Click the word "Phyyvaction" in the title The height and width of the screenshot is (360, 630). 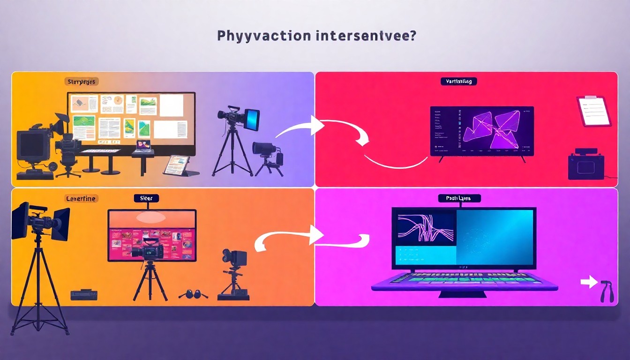(251, 36)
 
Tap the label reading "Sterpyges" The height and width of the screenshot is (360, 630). (81, 82)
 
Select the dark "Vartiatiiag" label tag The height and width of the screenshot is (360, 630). (458, 82)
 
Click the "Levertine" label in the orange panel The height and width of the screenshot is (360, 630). (81, 199)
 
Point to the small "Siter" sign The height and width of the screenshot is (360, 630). (146, 199)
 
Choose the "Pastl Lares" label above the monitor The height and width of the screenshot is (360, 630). (460, 199)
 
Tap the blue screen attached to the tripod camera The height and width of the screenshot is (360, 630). (252, 120)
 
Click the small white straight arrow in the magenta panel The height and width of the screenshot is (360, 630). (586, 282)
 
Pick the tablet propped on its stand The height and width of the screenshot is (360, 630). (177, 165)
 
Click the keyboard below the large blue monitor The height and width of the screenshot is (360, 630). (464, 280)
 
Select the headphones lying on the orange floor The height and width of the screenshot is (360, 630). (193, 294)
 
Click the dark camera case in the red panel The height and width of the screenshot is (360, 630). (585, 165)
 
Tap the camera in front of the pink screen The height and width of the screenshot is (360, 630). (148, 249)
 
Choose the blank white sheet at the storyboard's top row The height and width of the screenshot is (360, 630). (171, 105)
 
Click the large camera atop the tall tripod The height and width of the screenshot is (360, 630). (40, 220)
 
